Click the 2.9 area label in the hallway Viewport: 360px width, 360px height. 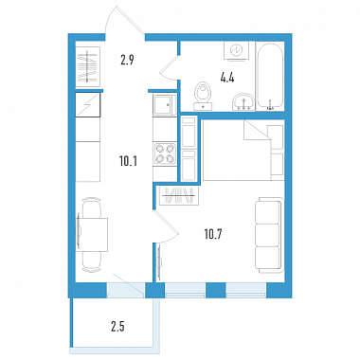(127, 60)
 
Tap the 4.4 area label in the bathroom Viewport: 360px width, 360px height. (227, 78)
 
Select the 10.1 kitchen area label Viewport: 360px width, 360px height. (128, 161)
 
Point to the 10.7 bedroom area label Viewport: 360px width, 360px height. (214, 234)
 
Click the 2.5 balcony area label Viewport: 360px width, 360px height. (117, 327)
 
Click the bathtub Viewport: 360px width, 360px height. (270, 76)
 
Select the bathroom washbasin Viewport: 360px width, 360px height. (243, 102)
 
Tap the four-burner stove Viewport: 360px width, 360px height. (165, 153)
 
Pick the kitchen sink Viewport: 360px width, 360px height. (165, 105)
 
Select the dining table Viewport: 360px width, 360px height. (92, 234)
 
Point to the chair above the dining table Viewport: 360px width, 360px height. (92, 207)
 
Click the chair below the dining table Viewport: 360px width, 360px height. (92, 261)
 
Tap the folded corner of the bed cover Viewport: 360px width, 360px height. (257, 130)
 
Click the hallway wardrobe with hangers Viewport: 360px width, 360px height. (88, 66)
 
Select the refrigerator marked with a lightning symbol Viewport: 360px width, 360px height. (88, 105)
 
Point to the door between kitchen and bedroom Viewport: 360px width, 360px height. (167, 226)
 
